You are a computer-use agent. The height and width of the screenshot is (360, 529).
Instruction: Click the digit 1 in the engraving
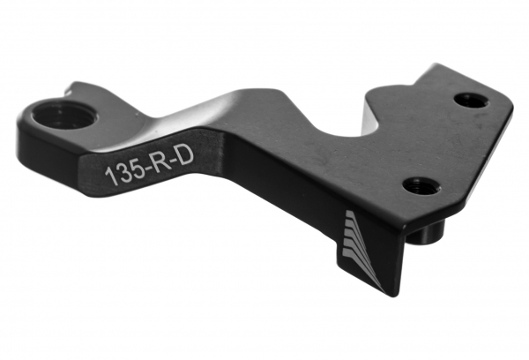pos(109,176)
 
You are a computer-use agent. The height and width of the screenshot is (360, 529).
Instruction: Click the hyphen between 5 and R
pos(146,169)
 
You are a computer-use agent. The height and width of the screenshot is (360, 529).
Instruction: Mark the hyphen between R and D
pos(172,162)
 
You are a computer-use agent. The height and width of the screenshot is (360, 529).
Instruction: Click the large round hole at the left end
pos(65,116)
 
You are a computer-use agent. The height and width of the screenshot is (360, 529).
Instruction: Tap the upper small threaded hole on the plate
pos(471,100)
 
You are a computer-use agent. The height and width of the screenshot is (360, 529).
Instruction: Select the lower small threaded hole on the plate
pos(421,186)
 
